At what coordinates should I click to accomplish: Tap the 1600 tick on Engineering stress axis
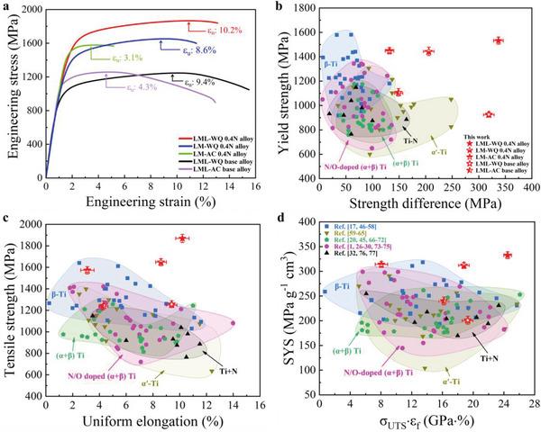30,43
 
